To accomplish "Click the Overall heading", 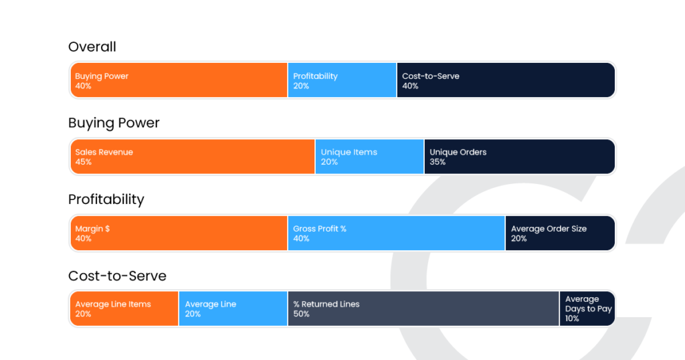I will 92,47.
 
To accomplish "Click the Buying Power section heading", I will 114,123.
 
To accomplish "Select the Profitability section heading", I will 106,199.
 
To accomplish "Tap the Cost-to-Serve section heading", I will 117,276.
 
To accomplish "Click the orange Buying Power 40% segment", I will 179,80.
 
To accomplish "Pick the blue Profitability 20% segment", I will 342,80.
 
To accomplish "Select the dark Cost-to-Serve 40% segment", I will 505,80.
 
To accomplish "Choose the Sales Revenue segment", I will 193,157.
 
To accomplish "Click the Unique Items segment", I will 369,157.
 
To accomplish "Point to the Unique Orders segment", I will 519,157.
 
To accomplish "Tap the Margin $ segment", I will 179,233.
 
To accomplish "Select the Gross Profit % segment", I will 396,233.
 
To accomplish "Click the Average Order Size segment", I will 560,233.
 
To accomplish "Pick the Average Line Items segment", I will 124,308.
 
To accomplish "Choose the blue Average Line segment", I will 233,308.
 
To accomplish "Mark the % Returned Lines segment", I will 423,308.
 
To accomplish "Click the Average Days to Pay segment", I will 587,308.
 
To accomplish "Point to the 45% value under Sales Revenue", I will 84,162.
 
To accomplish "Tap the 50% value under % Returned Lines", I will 301,314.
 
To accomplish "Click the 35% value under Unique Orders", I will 437,162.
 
